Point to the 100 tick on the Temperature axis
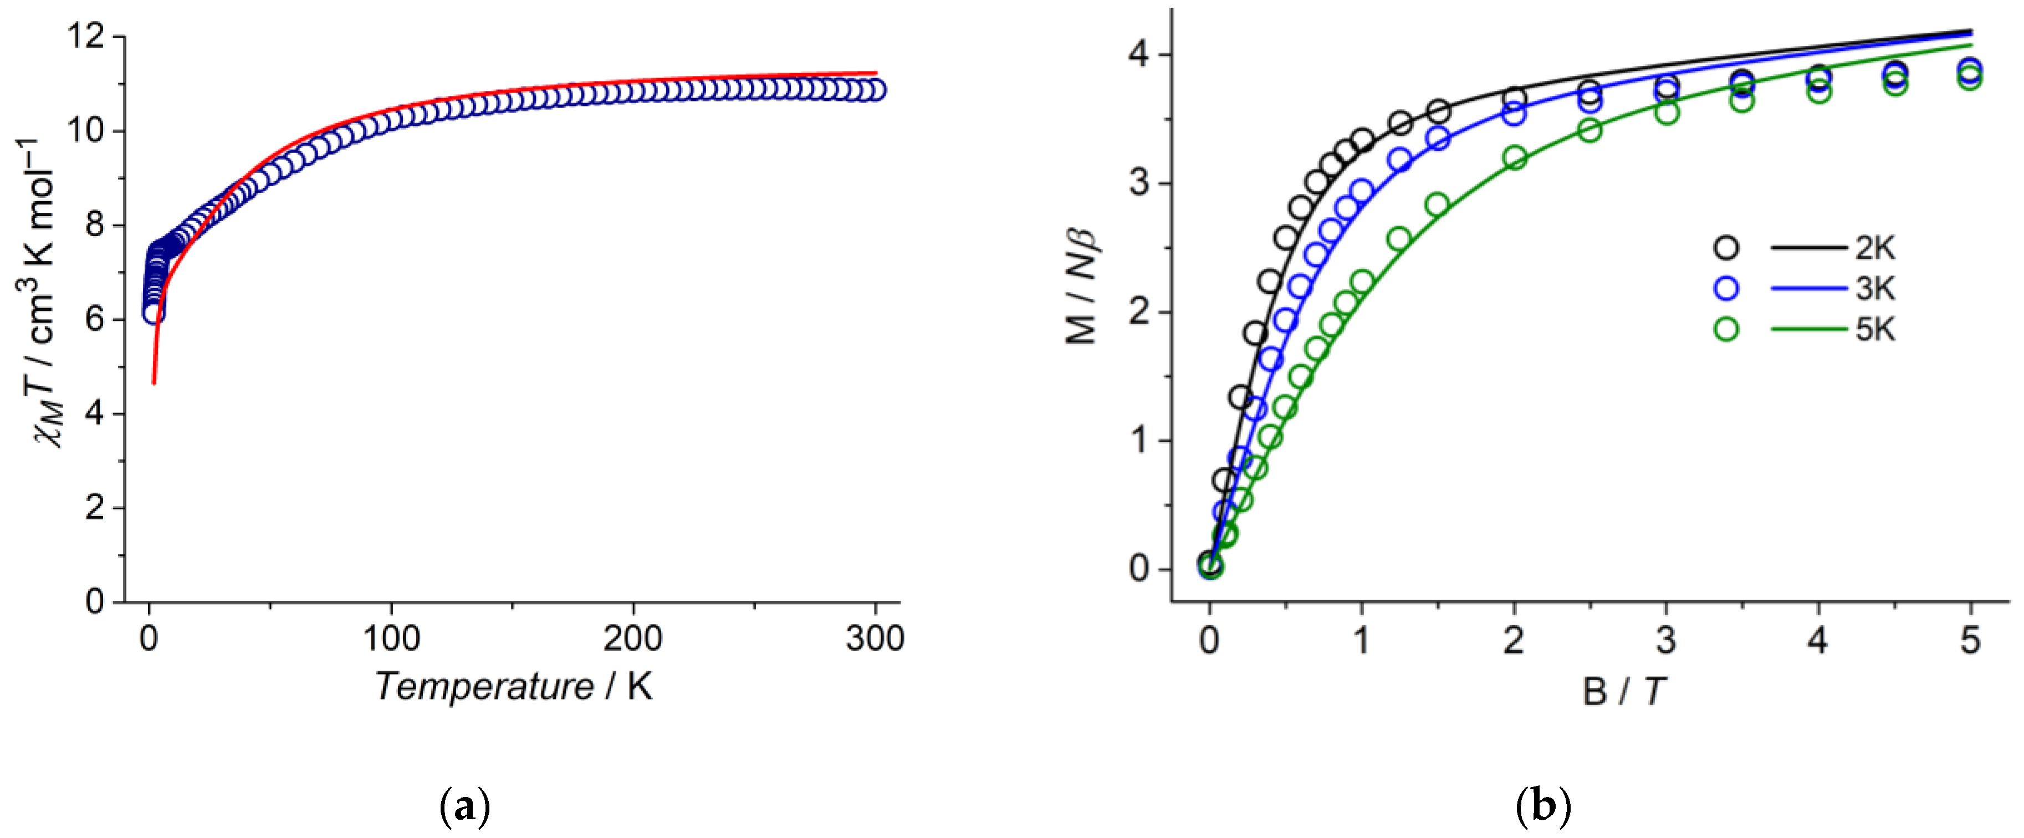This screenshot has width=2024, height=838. [391, 638]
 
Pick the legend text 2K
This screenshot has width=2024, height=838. [1875, 248]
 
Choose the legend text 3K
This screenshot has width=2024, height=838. [1875, 289]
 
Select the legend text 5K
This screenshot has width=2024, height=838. [1875, 329]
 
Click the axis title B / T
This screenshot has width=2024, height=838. [1623, 692]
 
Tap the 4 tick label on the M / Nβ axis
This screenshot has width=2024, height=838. [1140, 55]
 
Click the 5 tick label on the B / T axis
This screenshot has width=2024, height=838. [1970, 641]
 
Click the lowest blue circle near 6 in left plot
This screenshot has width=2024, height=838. [154, 313]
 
